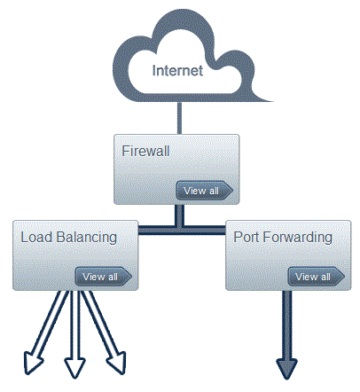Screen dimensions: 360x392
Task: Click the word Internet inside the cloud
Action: (177, 70)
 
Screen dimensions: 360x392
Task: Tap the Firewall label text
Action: (145, 151)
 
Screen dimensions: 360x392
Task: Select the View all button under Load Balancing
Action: (104, 277)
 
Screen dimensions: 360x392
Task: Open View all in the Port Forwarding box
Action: (317, 277)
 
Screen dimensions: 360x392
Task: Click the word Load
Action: (37, 237)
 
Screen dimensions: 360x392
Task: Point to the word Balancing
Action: (87, 239)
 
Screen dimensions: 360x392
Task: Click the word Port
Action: (247, 237)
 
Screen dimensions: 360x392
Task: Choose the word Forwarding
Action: (297, 239)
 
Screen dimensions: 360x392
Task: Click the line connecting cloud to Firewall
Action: (179, 118)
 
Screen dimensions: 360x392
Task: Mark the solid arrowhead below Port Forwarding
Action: (286, 369)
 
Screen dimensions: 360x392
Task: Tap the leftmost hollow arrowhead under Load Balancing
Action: (32, 363)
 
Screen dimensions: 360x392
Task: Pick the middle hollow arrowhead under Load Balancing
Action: (74, 367)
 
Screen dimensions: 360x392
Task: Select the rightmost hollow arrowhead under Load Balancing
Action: (118, 363)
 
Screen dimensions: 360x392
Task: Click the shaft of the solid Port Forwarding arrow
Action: (286, 325)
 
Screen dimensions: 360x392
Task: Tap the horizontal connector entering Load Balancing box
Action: (157, 230)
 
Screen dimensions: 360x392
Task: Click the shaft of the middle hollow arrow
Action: (74, 325)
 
